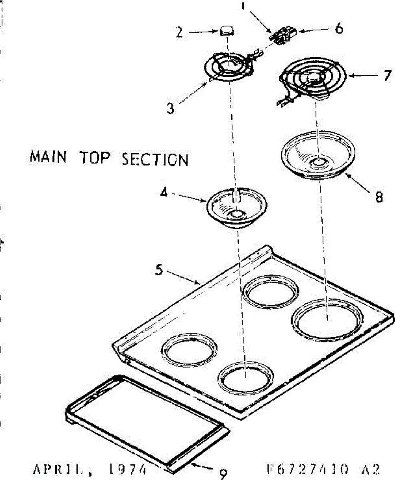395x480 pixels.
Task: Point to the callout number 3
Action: pyautogui.click(x=171, y=108)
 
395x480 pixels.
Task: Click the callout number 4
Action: pyautogui.click(x=163, y=193)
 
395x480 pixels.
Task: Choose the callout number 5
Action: pyautogui.click(x=159, y=271)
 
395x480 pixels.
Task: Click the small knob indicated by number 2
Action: pyautogui.click(x=227, y=30)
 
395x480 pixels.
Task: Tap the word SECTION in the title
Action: pyautogui.click(x=154, y=160)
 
